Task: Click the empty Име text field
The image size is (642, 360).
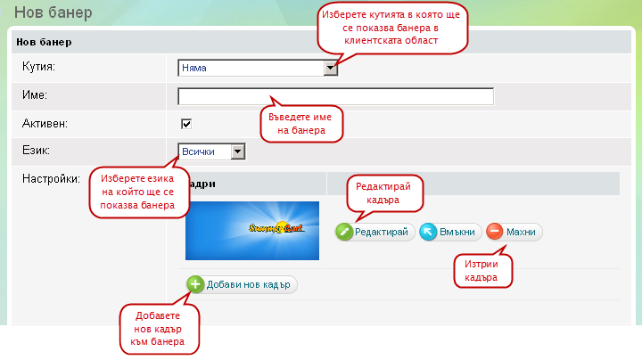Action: pyautogui.click(x=335, y=96)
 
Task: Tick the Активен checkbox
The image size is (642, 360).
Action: pyautogui.click(x=186, y=124)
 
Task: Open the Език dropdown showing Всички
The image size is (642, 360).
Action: pyautogui.click(x=211, y=152)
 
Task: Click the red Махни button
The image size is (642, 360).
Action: pyautogui.click(x=514, y=232)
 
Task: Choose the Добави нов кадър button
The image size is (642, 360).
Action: pyautogui.click(x=242, y=284)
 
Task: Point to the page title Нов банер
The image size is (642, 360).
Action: pyautogui.click(x=53, y=13)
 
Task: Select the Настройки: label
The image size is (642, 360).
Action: pyautogui.click(x=51, y=179)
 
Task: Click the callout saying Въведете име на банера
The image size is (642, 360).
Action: pyautogui.click(x=301, y=123)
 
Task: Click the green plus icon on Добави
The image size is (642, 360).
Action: pyautogui.click(x=195, y=284)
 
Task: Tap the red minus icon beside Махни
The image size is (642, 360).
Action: pyautogui.click(x=494, y=232)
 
